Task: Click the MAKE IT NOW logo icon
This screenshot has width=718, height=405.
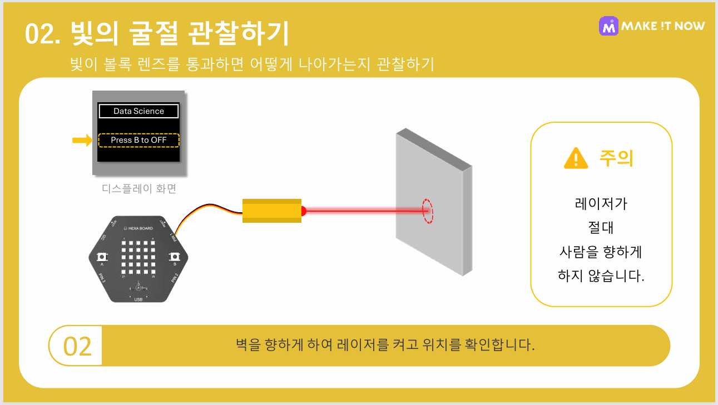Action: (x=608, y=26)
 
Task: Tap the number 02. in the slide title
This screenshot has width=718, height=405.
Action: (x=42, y=34)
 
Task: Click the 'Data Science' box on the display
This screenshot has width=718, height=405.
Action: (x=138, y=111)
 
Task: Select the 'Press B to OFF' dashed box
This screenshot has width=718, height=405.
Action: (x=138, y=140)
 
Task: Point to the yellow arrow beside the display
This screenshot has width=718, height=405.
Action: (x=82, y=140)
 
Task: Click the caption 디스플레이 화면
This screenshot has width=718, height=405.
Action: (x=139, y=189)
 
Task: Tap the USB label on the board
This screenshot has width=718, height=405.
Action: (x=138, y=299)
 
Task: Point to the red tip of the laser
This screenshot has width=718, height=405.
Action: (x=304, y=211)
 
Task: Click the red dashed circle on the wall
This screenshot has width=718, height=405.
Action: (x=427, y=211)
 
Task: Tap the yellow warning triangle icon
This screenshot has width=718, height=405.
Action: (x=576, y=158)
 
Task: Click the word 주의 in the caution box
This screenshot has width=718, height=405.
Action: (x=616, y=158)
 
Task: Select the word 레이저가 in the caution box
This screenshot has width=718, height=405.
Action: (x=601, y=203)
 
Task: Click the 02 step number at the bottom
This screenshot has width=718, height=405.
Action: (x=77, y=346)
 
